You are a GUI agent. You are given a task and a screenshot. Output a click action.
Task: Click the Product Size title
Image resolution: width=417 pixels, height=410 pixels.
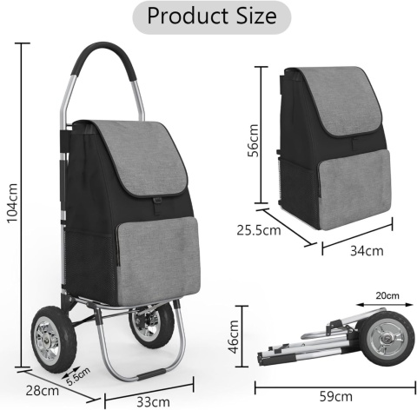click(212, 17)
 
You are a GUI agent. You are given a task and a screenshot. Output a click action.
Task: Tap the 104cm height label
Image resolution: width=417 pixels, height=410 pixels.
click(12, 202)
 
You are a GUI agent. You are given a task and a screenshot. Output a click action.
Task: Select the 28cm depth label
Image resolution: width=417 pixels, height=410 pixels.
click(43, 391)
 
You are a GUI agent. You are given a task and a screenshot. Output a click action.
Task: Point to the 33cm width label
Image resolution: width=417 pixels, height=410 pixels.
click(153, 402)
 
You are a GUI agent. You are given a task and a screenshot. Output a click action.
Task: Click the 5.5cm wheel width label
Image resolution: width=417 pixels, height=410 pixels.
click(78, 376)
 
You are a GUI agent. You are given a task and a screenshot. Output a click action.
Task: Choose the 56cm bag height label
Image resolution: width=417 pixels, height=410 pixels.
click(254, 141)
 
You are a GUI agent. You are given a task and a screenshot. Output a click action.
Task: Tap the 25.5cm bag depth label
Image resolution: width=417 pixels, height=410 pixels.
click(259, 230)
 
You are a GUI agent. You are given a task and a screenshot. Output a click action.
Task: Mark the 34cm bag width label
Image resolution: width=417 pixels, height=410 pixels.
click(367, 251)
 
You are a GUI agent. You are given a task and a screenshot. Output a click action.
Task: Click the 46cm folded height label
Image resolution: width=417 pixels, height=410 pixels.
click(234, 337)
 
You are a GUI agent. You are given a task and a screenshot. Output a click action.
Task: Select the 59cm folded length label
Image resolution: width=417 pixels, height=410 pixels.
click(336, 396)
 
